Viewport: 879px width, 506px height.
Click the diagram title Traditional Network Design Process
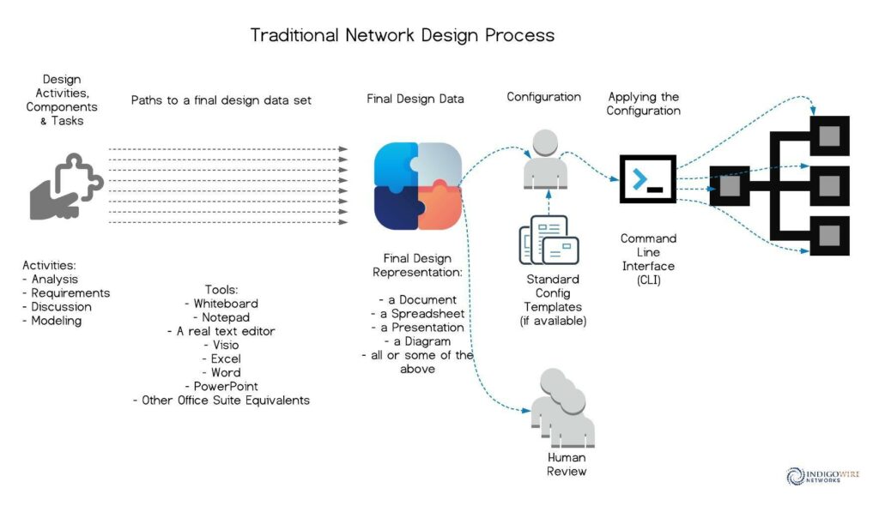tap(402, 35)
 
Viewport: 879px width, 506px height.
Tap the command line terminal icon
tap(647, 178)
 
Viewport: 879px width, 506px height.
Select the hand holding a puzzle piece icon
tap(66, 187)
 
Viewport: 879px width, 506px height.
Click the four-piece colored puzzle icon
tap(418, 186)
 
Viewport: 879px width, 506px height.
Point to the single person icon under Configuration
tap(545, 160)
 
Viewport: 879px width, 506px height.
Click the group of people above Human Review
tap(563, 408)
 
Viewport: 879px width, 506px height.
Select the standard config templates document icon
tap(549, 240)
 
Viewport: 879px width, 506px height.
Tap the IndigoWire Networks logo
tap(822, 476)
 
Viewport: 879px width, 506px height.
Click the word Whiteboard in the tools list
tap(226, 304)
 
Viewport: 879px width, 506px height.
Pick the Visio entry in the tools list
tap(226, 345)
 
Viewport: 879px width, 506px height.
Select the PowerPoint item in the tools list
tap(226, 387)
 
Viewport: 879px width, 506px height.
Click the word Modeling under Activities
tap(56, 321)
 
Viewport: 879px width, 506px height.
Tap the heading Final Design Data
tap(415, 99)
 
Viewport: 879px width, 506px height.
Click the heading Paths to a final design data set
tap(221, 100)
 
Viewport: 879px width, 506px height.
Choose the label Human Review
tap(567, 465)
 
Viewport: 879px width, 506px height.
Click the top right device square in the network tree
tap(830, 136)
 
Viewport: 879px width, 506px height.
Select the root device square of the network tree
tap(730, 185)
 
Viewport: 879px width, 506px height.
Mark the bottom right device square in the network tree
tap(830, 235)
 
